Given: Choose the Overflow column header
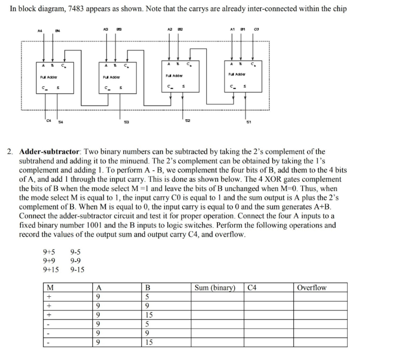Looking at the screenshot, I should [311, 287].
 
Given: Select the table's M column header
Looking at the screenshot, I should [51, 287].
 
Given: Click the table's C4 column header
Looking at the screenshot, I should [253, 287].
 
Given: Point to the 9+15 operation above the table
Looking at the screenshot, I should [51, 270].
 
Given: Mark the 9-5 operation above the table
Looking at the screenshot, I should [76, 251].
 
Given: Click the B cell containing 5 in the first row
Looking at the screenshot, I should [148, 296].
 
